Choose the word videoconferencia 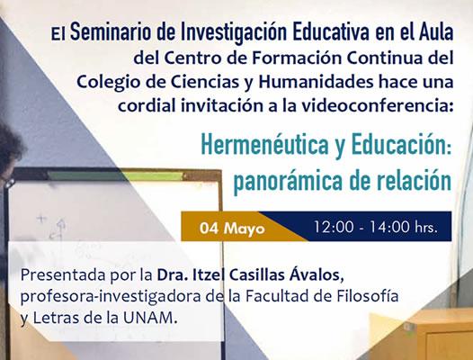377,105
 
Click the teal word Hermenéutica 264,144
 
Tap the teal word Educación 401,144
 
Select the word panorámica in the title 288,180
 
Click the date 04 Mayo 232,228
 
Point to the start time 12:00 334,227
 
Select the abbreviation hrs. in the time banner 426,227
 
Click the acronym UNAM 149,318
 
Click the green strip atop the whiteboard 115,176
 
